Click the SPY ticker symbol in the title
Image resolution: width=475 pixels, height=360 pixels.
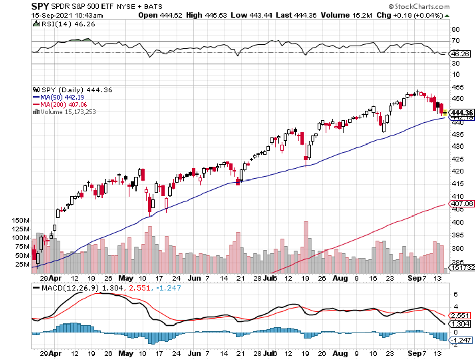(x=40, y=6)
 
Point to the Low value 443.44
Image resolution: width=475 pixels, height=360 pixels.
(x=257, y=15)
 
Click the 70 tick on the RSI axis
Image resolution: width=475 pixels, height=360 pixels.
(x=455, y=41)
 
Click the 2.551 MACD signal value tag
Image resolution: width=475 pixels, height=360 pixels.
(x=460, y=315)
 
